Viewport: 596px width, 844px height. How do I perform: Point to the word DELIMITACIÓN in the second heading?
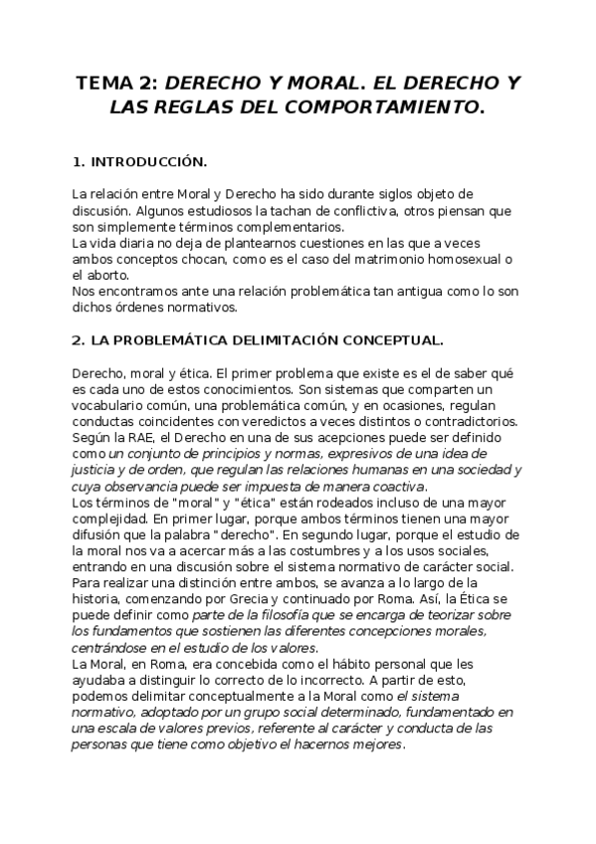pos(293,340)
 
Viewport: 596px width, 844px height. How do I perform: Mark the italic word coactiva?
pos(394,486)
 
